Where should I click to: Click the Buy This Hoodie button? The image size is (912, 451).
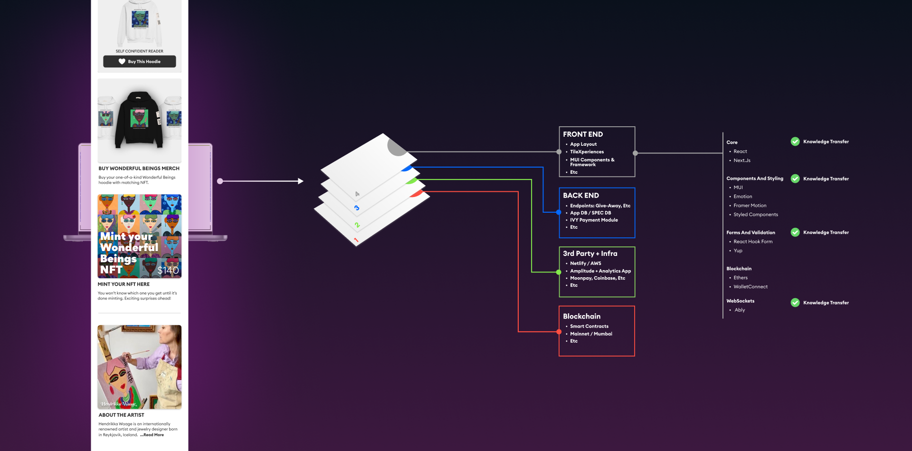(139, 62)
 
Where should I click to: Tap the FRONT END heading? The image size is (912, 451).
(583, 134)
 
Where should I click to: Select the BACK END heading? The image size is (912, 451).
(581, 196)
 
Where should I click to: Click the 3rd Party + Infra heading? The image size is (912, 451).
(590, 254)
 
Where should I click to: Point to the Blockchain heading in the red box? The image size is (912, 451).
(581, 316)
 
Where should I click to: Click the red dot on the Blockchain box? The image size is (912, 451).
(559, 332)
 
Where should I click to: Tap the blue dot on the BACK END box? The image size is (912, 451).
(559, 212)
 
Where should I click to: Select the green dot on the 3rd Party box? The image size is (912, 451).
(559, 272)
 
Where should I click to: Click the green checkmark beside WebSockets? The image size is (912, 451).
(795, 302)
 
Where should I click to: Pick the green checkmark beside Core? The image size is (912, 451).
(795, 141)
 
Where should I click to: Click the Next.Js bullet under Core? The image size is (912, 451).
(741, 160)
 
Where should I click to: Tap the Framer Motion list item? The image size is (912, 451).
(750, 206)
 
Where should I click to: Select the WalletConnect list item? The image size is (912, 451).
(750, 287)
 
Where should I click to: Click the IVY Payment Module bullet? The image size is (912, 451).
(594, 220)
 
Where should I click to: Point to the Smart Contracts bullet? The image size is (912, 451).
(589, 327)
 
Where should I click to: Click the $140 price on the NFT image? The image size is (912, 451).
(168, 271)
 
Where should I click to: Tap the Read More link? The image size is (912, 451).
(153, 435)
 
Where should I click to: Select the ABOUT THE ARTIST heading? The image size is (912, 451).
(121, 415)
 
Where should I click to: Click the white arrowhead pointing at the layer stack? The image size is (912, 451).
(301, 181)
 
